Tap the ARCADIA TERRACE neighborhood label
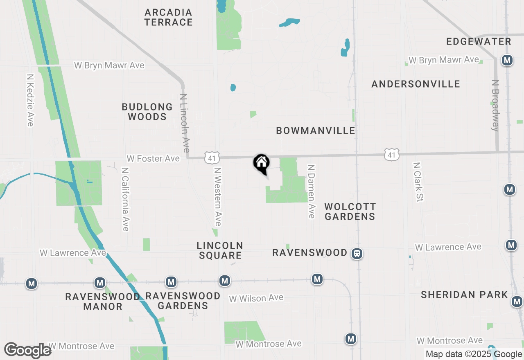click(x=168, y=17)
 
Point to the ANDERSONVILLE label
click(x=416, y=84)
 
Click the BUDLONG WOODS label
click(x=147, y=112)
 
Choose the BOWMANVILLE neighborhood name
click(x=315, y=130)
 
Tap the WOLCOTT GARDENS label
click(x=350, y=211)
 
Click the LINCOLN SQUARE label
click(x=220, y=250)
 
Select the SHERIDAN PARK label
click(x=464, y=295)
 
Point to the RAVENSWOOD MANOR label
click(x=102, y=301)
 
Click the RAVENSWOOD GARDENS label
click(x=183, y=300)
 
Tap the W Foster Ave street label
click(x=153, y=158)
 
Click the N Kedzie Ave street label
click(x=30, y=100)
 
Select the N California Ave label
click(x=125, y=199)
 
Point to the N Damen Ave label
click(x=311, y=191)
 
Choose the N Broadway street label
click(x=495, y=105)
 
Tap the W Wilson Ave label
click(x=256, y=298)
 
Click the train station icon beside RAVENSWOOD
click(x=357, y=254)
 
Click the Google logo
click(x=28, y=350)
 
